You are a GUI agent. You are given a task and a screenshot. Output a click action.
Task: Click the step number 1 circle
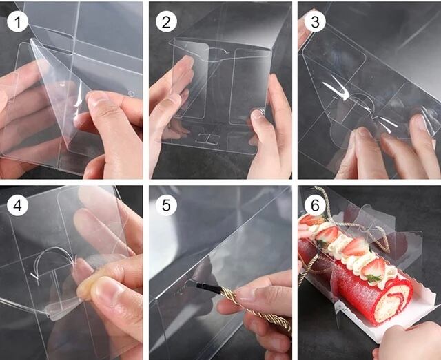tap(17, 21)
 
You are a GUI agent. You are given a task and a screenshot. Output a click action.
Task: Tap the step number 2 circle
tap(166, 21)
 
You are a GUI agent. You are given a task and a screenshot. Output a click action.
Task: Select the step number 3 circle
tap(316, 21)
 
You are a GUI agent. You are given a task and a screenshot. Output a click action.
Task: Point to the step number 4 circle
tap(17, 205)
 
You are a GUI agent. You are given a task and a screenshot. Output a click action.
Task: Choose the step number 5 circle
tap(166, 205)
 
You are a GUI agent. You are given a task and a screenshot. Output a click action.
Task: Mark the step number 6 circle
tap(316, 205)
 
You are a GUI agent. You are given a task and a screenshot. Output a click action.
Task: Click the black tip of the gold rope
tap(208, 288)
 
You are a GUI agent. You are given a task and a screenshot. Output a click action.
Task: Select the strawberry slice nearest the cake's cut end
tap(373, 268)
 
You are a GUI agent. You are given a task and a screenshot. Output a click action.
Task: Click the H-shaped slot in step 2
tap(208, 139)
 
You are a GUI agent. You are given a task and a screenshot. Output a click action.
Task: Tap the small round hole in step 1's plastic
tap(130, 94)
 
